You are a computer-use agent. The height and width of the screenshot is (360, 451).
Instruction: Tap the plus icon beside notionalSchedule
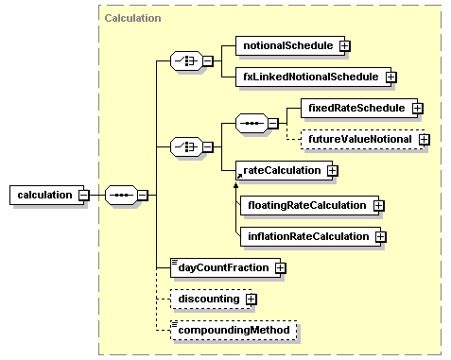[319, 44]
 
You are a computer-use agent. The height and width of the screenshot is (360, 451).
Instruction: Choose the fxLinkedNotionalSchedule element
[305, 77]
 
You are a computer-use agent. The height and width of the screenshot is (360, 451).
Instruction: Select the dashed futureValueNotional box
[359, 139]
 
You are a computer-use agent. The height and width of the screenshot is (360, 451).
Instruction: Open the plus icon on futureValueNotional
[425, 139]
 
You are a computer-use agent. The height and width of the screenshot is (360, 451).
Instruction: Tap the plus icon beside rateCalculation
[332, 171]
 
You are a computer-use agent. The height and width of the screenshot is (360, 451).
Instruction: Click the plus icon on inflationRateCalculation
[381, 235]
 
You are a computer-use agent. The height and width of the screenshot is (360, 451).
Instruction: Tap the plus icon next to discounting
[251, 300]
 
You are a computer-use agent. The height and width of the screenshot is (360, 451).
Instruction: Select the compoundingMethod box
[233, 331]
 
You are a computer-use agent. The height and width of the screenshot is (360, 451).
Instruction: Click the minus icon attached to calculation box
[84, 195]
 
